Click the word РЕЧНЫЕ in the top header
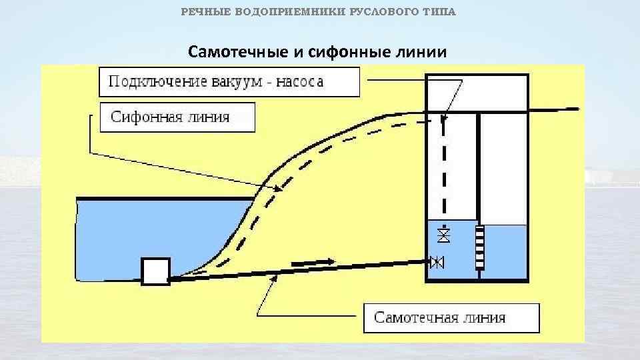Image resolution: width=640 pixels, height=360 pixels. pos(205,13)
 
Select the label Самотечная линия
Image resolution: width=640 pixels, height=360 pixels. pos(439,317)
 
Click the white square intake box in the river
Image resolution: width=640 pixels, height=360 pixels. pos(155,272)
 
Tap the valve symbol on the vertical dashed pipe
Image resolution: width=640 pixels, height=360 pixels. pos(444,234)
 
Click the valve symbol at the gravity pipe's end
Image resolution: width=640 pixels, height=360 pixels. pos(437,262)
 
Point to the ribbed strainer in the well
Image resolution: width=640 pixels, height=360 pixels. pos(479,247)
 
